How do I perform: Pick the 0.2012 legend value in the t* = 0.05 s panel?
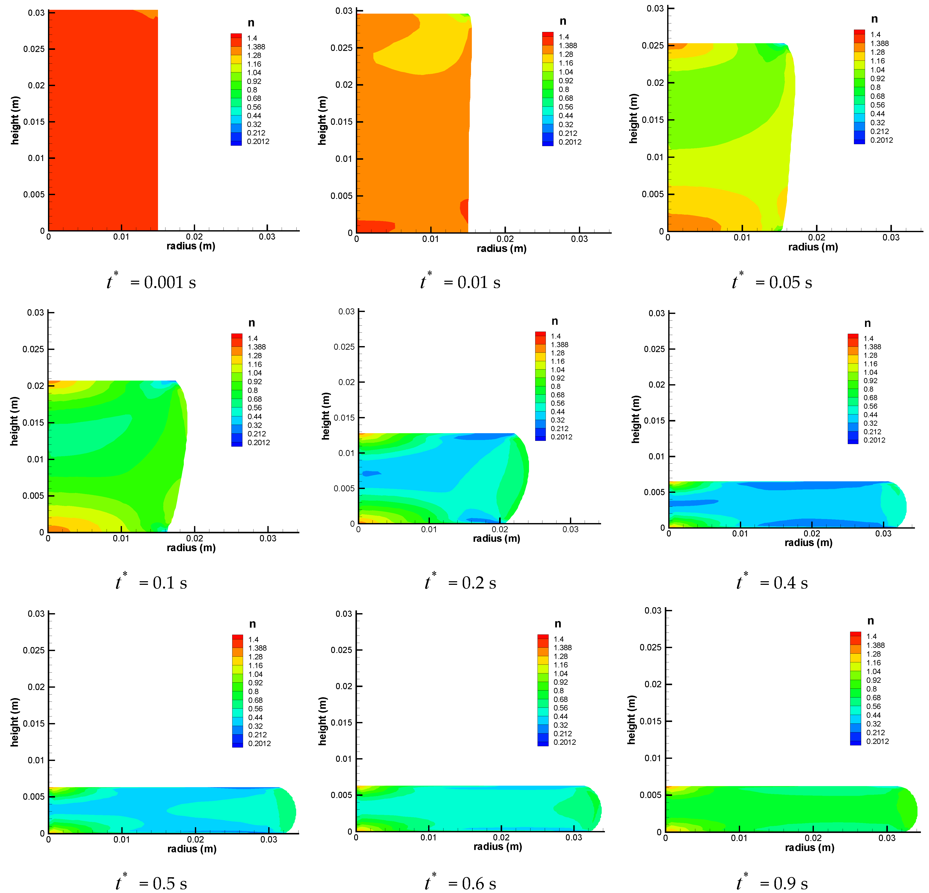point(881,140)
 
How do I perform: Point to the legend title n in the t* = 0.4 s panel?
point(867,323)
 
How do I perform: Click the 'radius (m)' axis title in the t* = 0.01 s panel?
point(501,249)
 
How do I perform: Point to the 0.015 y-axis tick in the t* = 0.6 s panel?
point(341,723)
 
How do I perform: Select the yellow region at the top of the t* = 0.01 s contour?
point(417,55)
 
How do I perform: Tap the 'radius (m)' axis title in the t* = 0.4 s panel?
point(808,543)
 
